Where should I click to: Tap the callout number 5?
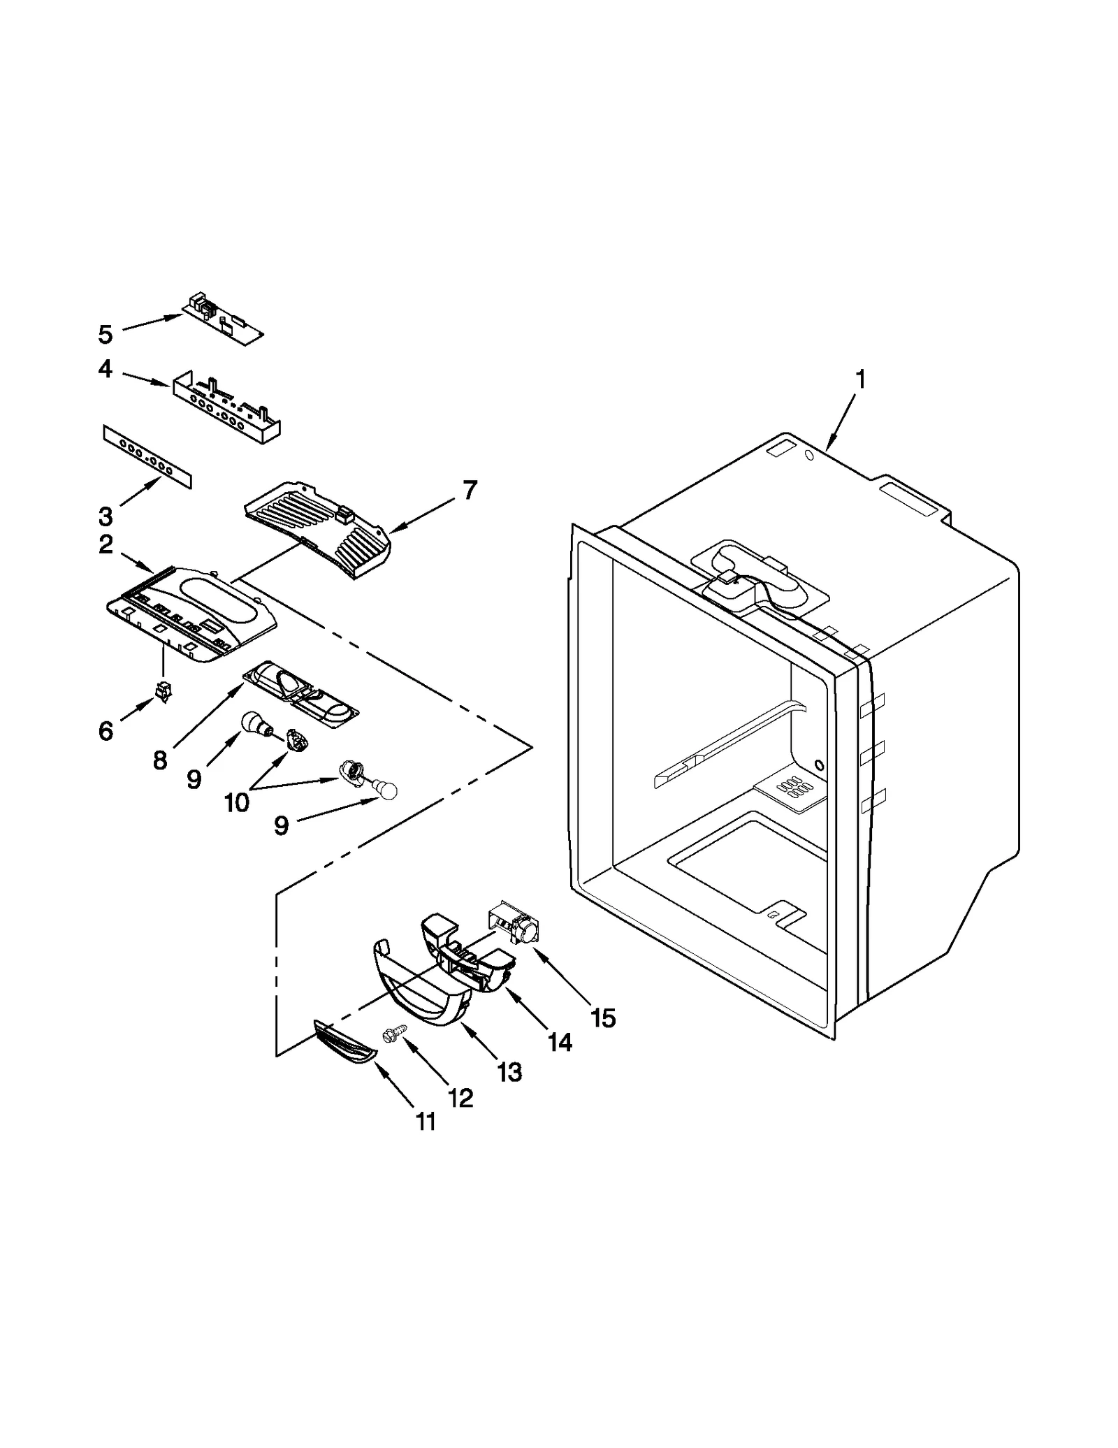pyautogui.click(x=105, y=335)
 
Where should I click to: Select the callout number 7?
pyautogui.click(x=470, y=490)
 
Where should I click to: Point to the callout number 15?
pyautogui.click(x=602, y=1018)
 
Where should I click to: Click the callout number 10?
pyautogui.click(x=237, y=803)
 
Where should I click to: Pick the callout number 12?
pyautogui.click(x=460, y=1098)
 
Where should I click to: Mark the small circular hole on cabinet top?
pyautogui.click(x=809, y=456)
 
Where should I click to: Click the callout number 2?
pyautogui.click(x=106, y=544)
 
